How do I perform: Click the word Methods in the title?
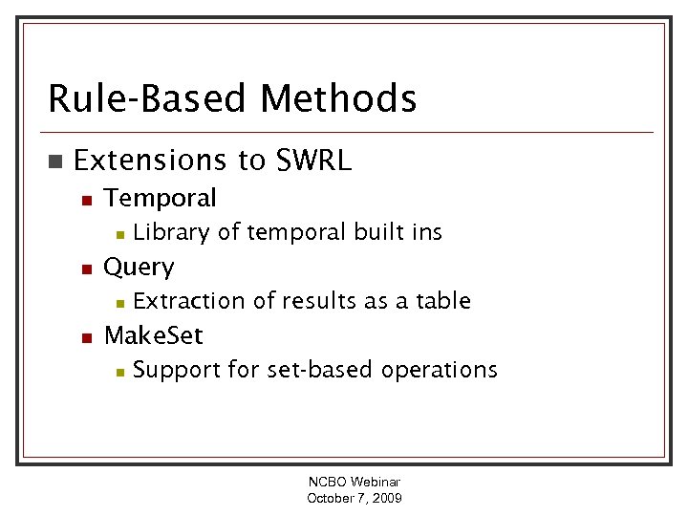click(x=338, y=98)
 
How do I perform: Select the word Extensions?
click(x=144, y=161)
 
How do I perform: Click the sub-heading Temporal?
click(x=160, y=198)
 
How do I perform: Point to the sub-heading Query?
click(x=139, y=268)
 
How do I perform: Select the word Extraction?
click(x=189, y=301)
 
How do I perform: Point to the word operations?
click(x=439, y=370)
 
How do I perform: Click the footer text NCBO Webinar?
click(x=354, y=483)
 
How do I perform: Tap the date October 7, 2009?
click(x=354, y=498)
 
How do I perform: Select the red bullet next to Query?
click(x=85, y=269)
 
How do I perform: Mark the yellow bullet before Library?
click(x=118, y=233)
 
